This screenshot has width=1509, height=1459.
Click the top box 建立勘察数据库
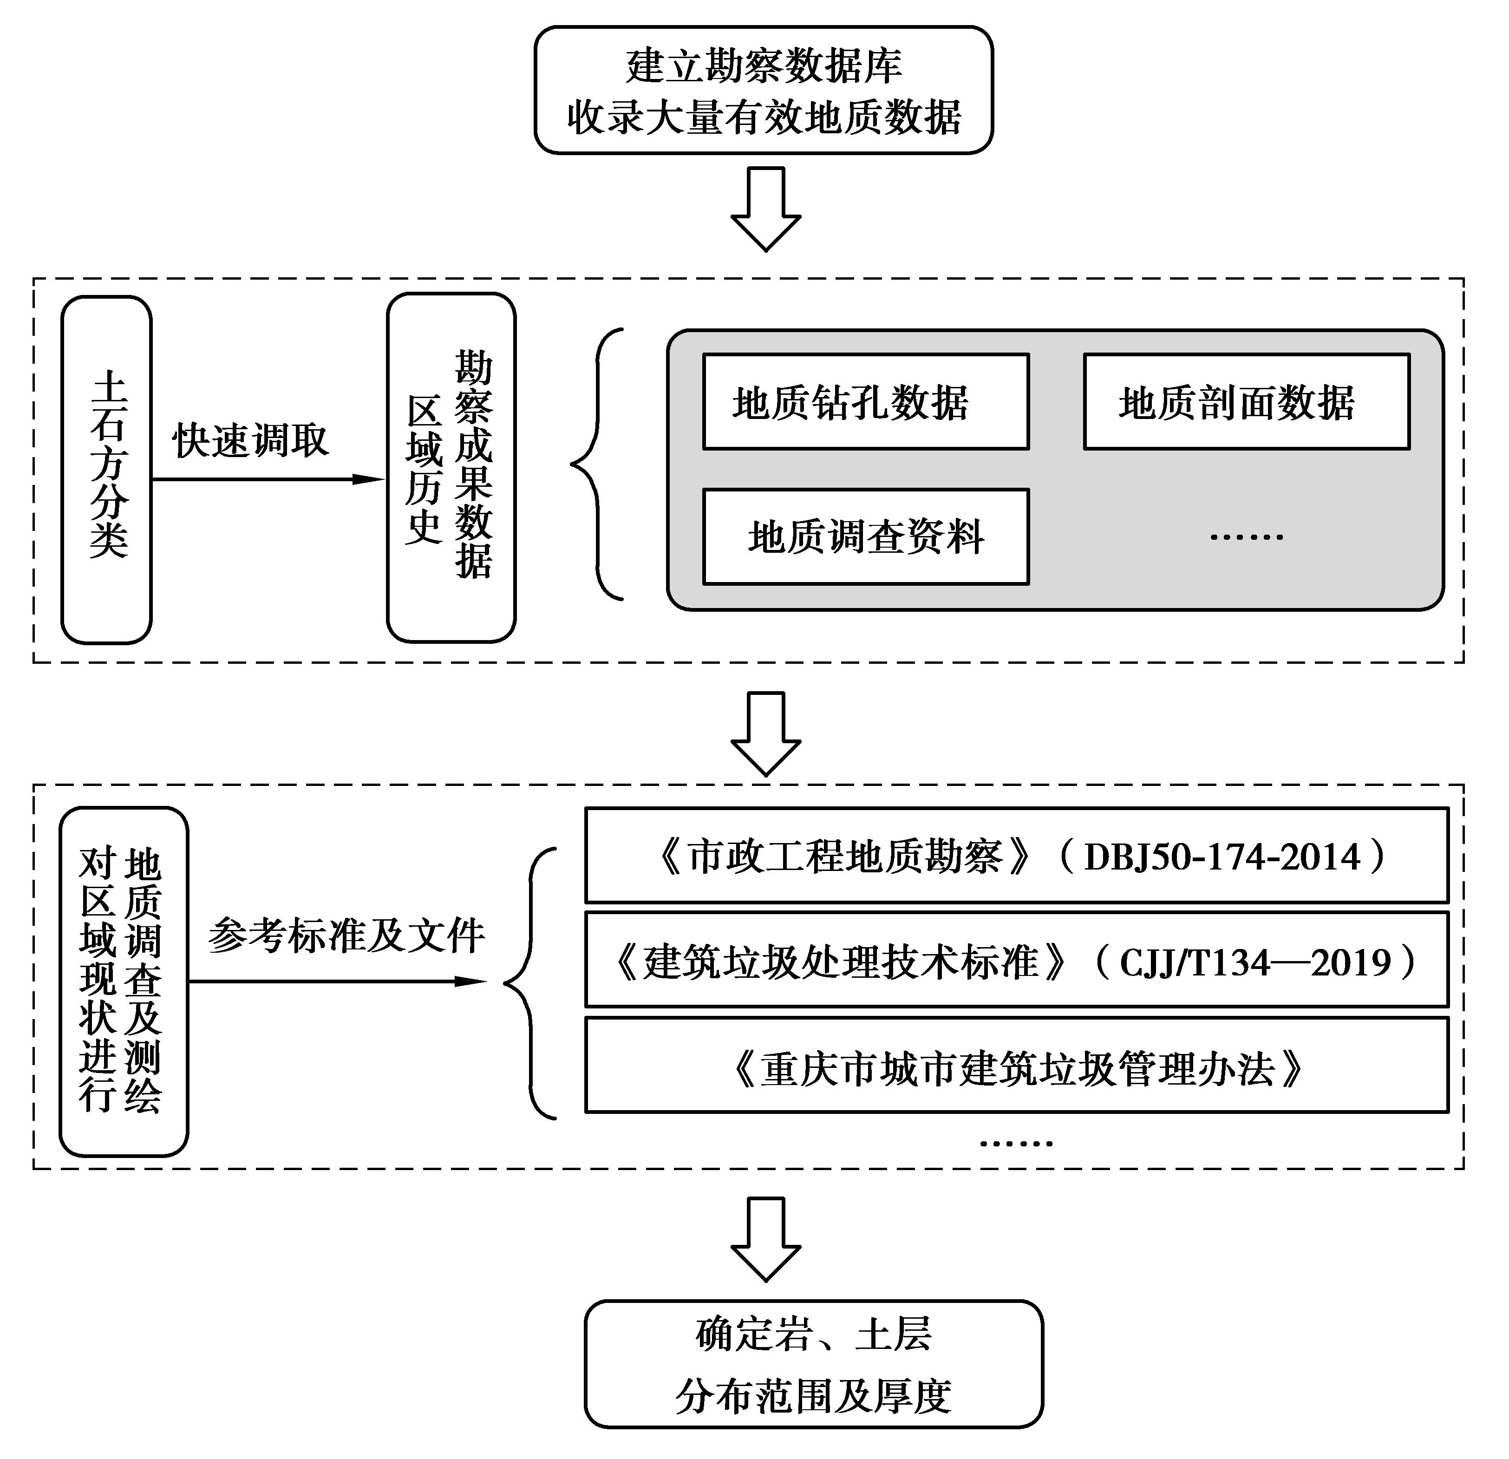(763, 90)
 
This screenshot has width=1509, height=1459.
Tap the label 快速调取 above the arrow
(251, 440)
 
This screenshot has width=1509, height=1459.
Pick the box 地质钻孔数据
(865, 401)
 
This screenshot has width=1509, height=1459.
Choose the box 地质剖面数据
(1246, 401)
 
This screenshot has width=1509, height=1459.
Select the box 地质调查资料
(865, 536)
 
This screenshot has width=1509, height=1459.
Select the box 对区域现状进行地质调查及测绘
(123, 981)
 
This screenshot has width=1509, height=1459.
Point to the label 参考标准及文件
(346, 936)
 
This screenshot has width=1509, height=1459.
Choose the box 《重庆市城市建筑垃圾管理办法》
(1016, 1067)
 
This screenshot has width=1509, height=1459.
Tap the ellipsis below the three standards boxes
(1015, 1143)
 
